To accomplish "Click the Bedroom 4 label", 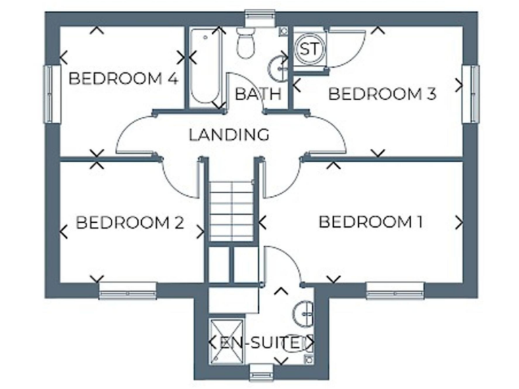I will pos(123,78).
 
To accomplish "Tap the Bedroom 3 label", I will pos(381,94).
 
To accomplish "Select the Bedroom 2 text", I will pos(130,222).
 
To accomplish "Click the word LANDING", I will pos(229,134).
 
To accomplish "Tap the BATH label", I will pos(257,94).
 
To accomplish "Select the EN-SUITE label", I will pos(261,342).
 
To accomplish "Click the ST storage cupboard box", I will pos(309,49).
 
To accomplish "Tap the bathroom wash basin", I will pos(278,68).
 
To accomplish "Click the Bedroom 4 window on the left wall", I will pos(49,94).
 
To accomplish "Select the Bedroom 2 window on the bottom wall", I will pos(128,290).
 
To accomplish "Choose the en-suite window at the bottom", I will pos(260,370).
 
